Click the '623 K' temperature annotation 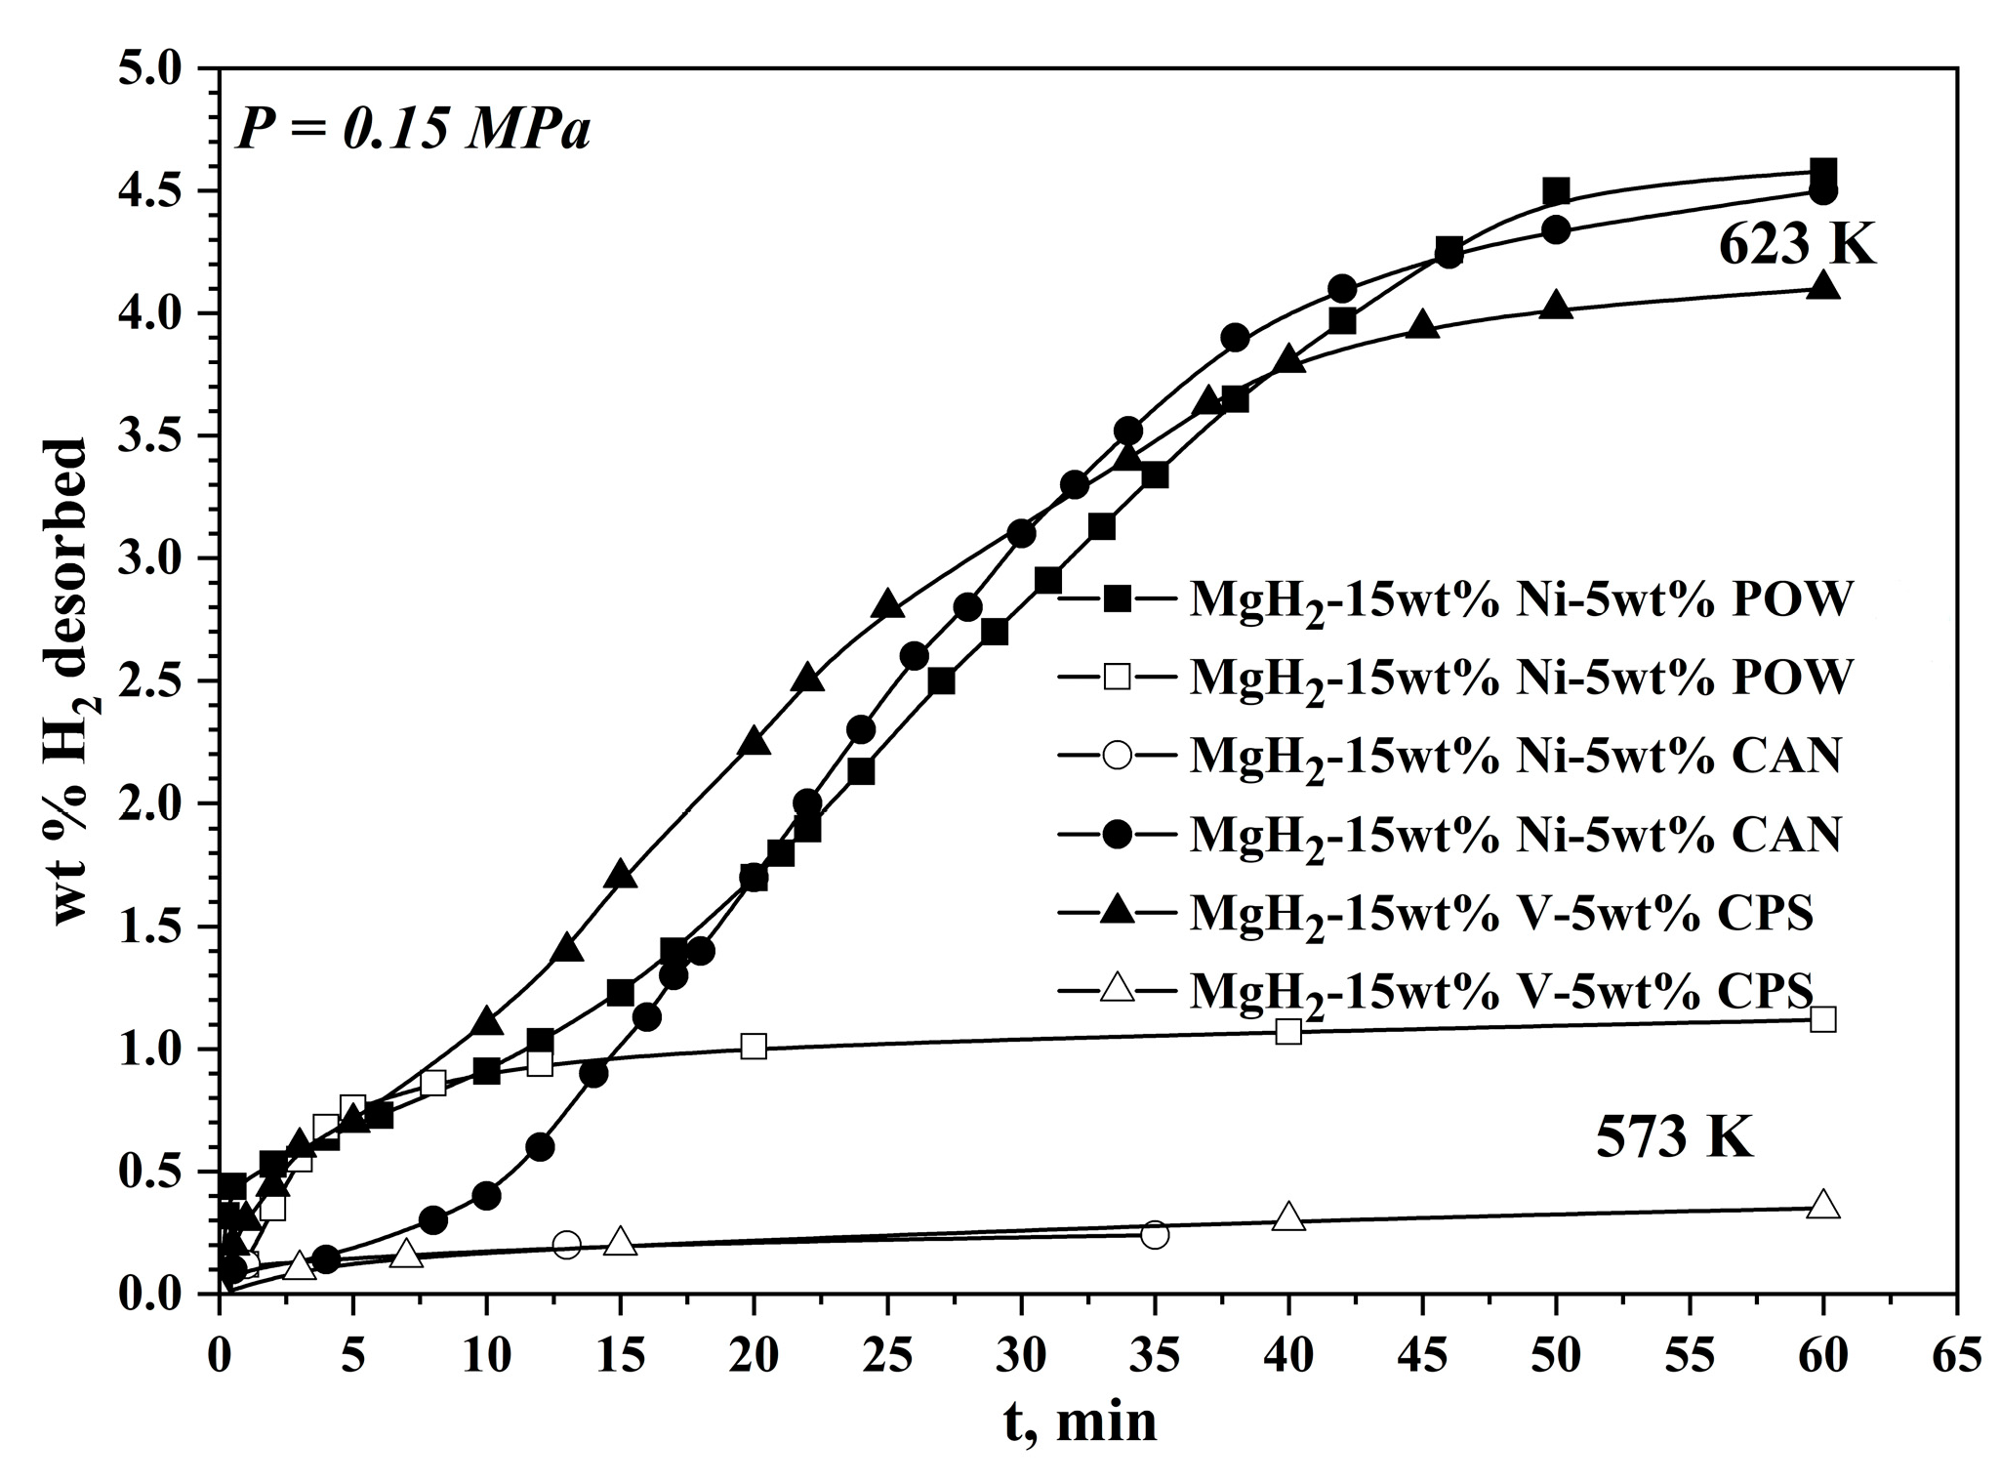(1796, 245)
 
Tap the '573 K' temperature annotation (1674, 1137)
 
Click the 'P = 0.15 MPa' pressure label (414, 131)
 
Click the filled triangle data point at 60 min (1822, 287)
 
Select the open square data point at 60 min (1822, 1019)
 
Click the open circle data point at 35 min (1155, 1234)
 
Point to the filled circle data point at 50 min (1556, 230)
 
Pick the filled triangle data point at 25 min (887, 604)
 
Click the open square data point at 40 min (1288, 1031)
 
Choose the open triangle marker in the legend (1117, 990)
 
